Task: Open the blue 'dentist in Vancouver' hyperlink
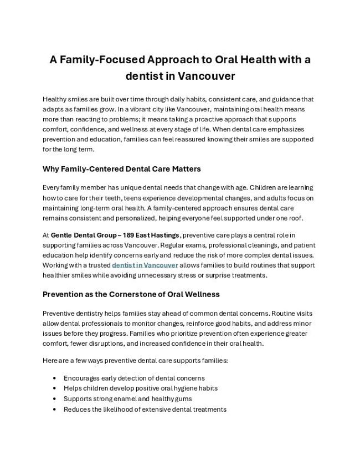(145, 265)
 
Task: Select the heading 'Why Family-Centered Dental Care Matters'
(121, 168)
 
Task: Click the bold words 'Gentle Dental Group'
(81, 235)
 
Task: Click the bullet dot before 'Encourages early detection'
(54, 378)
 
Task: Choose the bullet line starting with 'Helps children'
(140, 388)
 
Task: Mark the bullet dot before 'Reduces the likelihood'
(54, 409)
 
